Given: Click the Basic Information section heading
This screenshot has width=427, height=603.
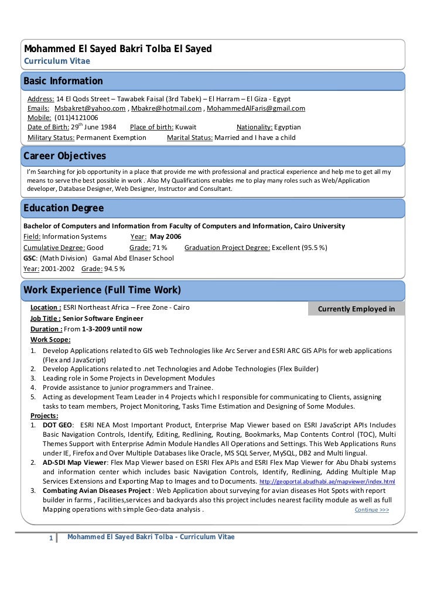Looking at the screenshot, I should tap(63, 81).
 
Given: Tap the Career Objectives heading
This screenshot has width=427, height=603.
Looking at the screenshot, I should tap(64, 156).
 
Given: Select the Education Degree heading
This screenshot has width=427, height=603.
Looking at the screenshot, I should tap(63, 208).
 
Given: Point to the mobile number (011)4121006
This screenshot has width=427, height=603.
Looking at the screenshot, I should tap(76, 118).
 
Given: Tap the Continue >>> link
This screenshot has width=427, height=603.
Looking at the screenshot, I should tap(372, 510).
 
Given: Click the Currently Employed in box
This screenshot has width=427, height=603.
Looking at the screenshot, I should tap(356, 309).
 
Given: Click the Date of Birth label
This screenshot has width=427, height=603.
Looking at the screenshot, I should tap(48, 127).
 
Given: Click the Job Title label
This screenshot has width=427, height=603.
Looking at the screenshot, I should tap(45, 318).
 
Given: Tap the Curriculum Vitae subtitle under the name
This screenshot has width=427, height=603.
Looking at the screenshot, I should tap(57, 60).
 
